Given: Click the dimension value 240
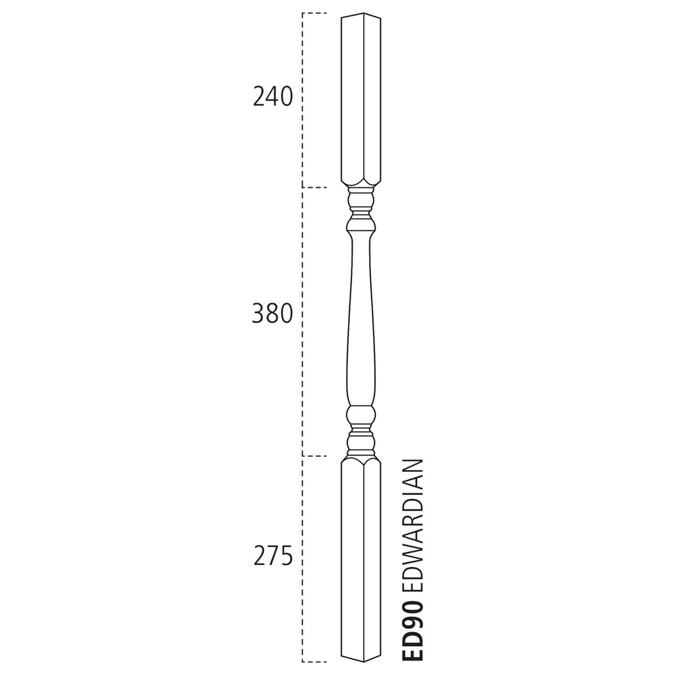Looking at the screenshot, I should point(272,97).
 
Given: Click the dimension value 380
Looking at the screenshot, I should point(272,314).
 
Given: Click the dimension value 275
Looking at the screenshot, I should point(273,557).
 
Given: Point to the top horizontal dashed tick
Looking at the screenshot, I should point(314,13).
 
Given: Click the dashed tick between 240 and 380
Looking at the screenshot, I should point(314,188).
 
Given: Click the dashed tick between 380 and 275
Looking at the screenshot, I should point(314,455).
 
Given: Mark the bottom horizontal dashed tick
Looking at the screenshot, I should point(314,661).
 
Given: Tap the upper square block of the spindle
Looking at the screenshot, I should point(361,99).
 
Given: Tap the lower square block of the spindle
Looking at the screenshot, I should point(361,560).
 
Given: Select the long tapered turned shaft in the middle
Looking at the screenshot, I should point(361,316).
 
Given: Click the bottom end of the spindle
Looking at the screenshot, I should point(361,659).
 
